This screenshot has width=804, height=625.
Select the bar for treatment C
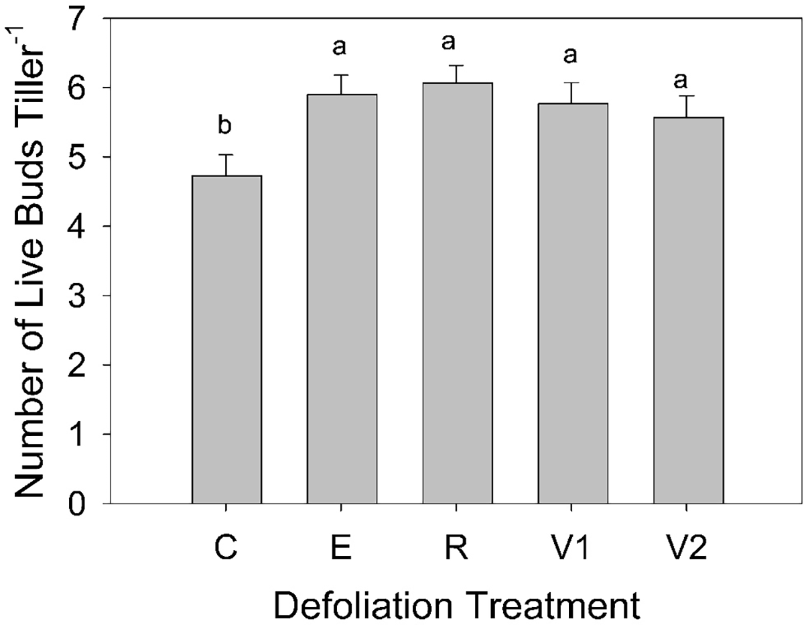(x=226, y=339)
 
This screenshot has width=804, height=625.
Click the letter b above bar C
(x=226, y=126)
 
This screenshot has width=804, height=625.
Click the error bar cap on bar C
(x=226, y=155)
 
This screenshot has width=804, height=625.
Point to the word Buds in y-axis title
(x=33, y=201)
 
